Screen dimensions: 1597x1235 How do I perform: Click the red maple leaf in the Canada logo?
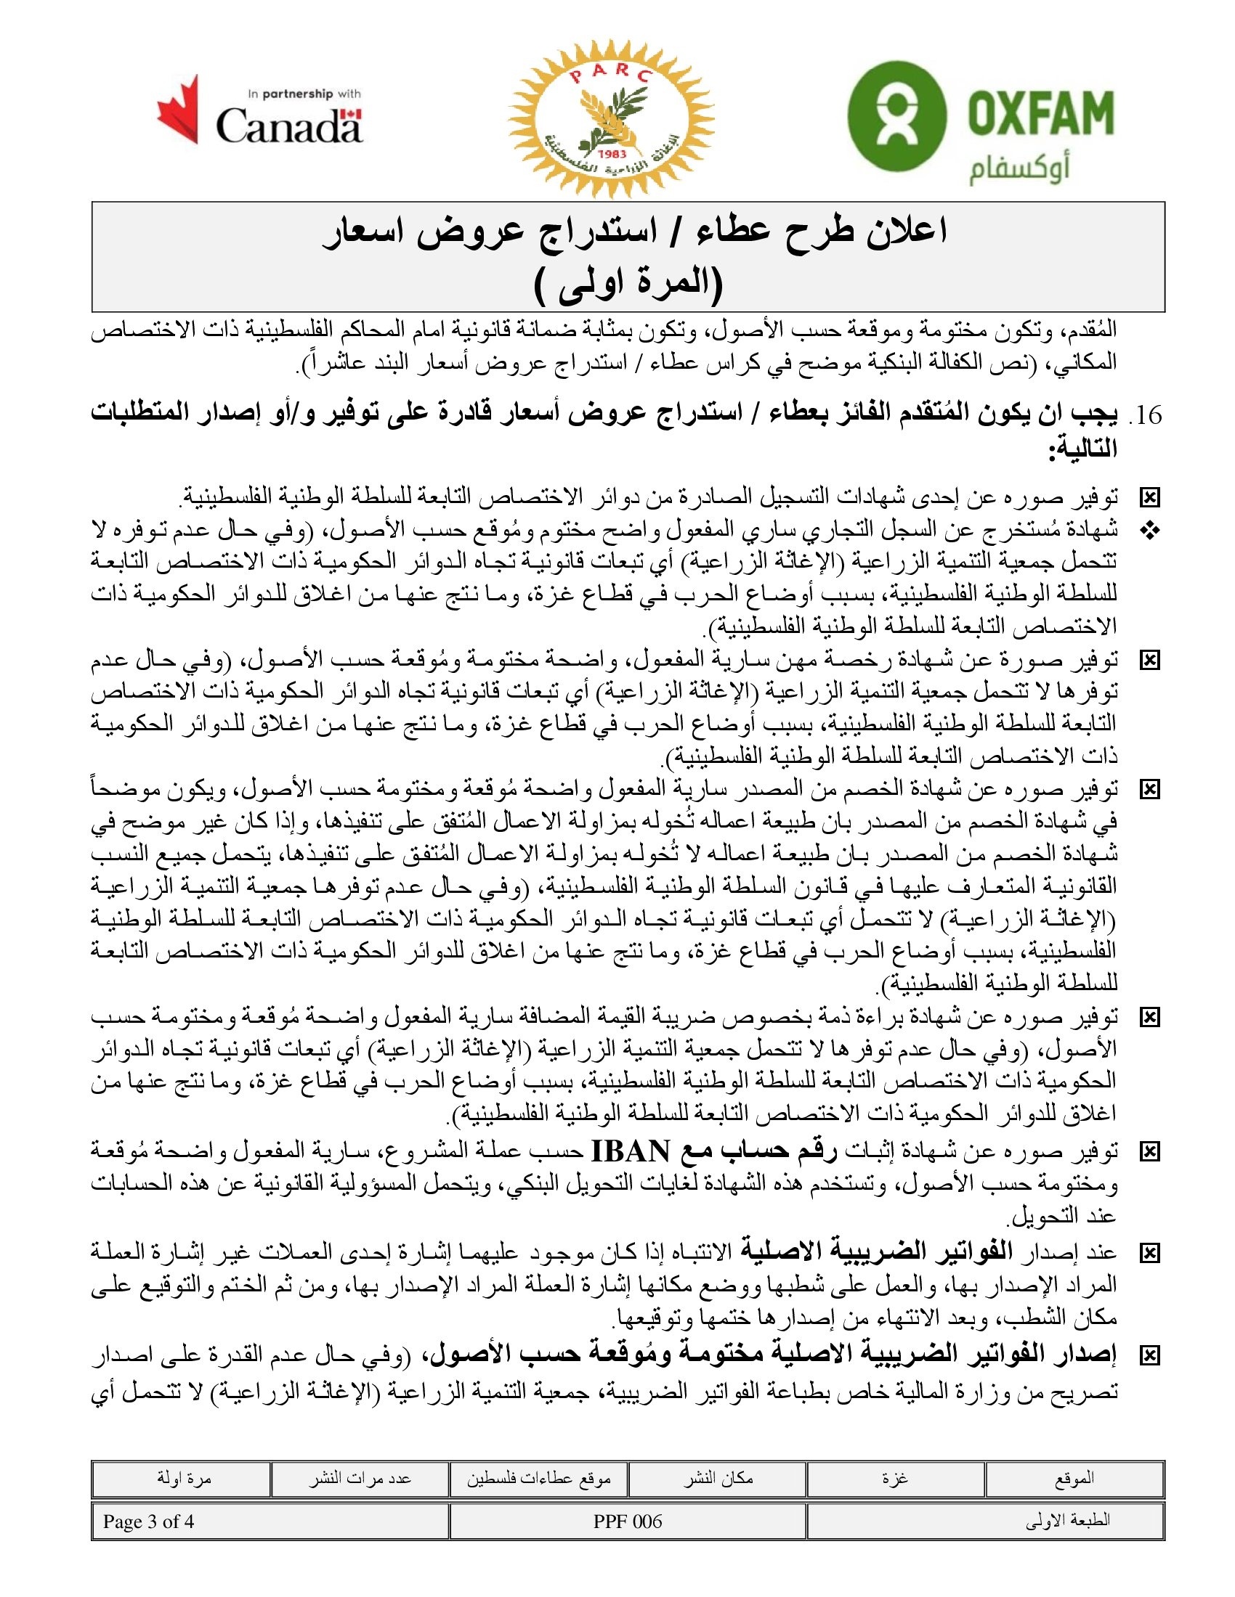pyautogui.click(x=179, y=110)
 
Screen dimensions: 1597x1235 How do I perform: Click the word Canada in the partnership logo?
pyautogui.click(x=288, y=125)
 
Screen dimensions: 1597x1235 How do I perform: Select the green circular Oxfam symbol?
pyautogui.click(x=896, y=115)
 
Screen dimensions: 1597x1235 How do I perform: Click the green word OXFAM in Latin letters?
pyautogui.click(x=1040, y=113)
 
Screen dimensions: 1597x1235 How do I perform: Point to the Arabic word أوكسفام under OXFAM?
pyautogui.click(x=1020, y=169)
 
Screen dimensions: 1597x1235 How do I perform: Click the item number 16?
pyautogui.click(x=1149, y=415)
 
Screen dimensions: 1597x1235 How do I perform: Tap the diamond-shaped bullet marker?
pyautogui.click(x=1151, y=531)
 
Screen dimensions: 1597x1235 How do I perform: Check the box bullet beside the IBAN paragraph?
pyautogui.click(x=1151, y=1153)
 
